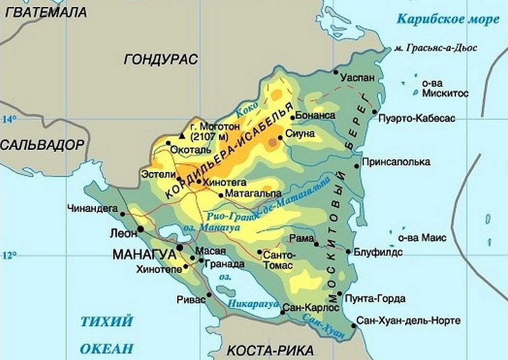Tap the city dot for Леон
(140, 229)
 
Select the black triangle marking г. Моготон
(183, 135)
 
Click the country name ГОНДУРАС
(161, 59)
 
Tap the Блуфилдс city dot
(349, 252)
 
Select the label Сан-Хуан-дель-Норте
(409, 321)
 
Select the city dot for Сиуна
(284, 135)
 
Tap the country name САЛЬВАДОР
(42, 145)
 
